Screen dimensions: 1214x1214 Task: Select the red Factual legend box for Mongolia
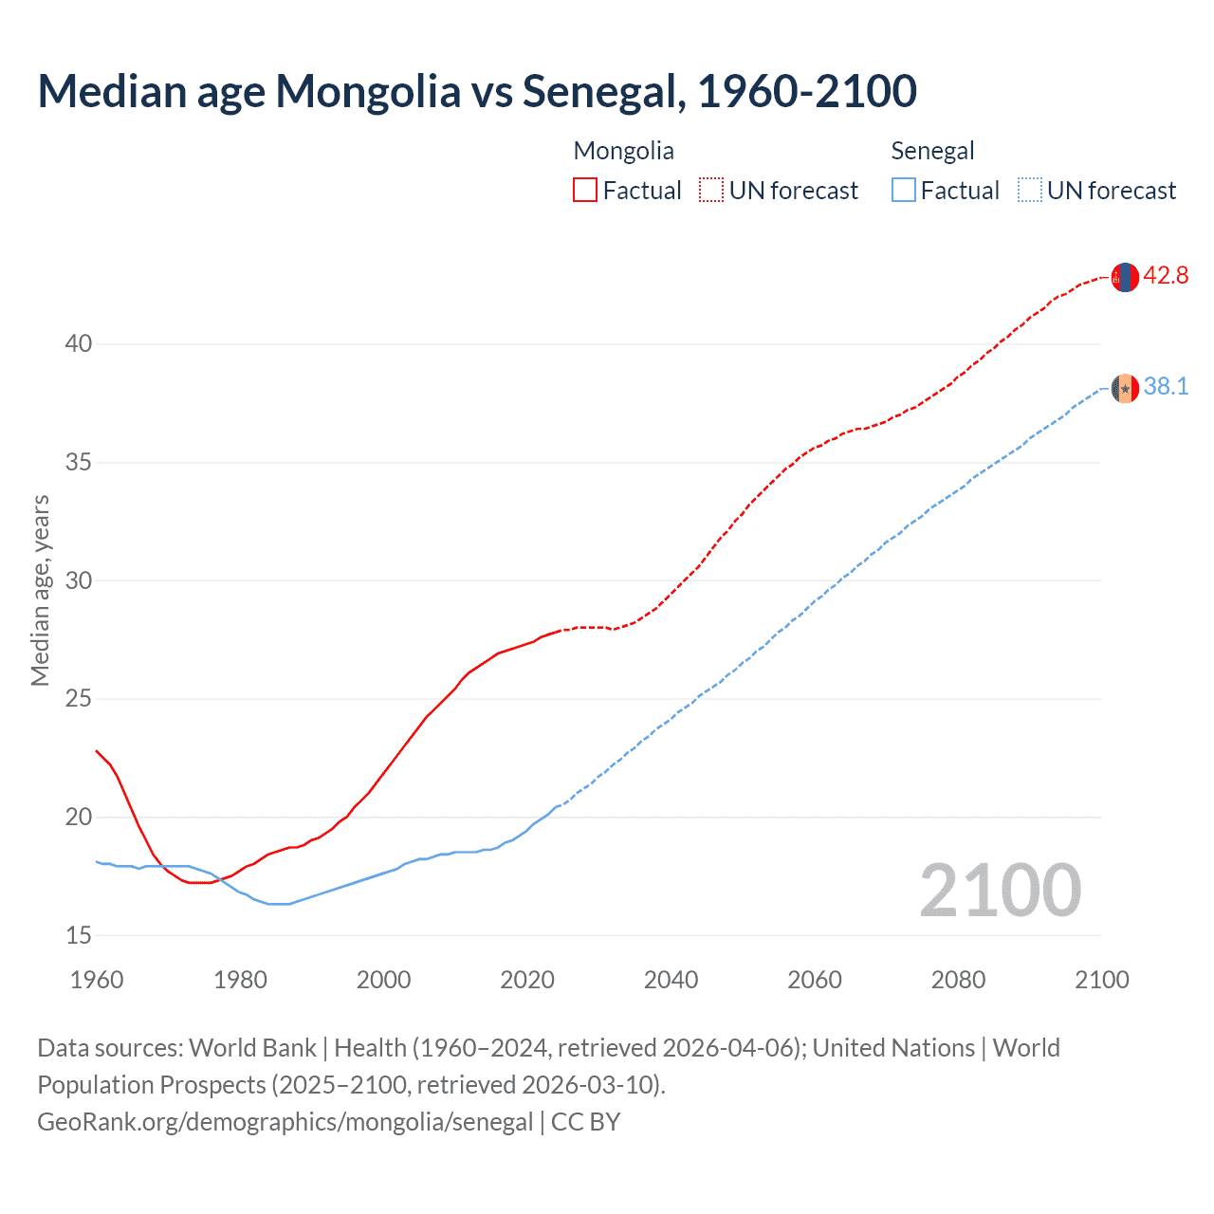(x=585, y=190)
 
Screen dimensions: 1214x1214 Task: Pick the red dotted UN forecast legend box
(x=710, y=190)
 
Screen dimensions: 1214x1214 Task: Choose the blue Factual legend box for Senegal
(x=904, y=190)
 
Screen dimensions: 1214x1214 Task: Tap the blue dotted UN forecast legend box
(x=1029, y=190)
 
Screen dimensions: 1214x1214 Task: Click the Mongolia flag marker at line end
(x=1125, y=277)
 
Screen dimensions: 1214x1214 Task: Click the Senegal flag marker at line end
(x=1125, y=388)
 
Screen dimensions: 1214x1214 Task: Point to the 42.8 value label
(x=1166, y=276)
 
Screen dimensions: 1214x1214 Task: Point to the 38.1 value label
(x=1166, y=387)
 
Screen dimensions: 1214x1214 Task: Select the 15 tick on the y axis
(x=79, y=935)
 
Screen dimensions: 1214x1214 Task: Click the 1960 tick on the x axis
(x=97, y=980)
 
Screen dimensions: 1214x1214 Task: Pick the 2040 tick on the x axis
(x=671, y=980)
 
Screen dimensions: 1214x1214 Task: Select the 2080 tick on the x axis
(x=958, y=980)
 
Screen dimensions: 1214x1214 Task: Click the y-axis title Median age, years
(x=40, y=590)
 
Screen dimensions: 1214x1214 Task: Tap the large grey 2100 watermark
(x=1000, y=891)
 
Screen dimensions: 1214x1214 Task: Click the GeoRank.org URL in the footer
(x=285, y=1122)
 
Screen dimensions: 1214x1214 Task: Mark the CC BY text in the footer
(x=585, y=1122)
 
